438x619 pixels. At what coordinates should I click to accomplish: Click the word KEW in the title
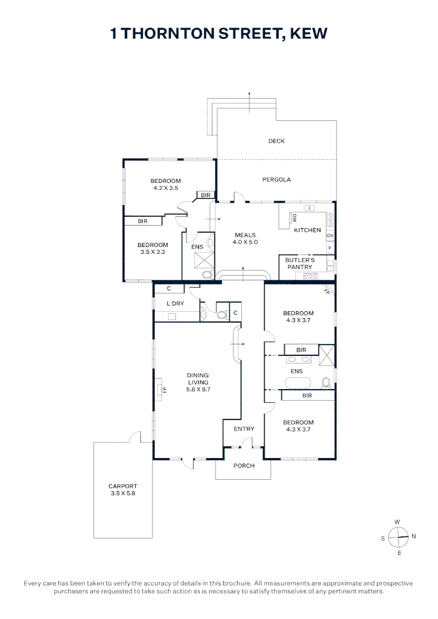pyautogui.click(x=308, y=34)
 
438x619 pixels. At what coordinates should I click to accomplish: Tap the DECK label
pyautogui.click(x=276, y=141)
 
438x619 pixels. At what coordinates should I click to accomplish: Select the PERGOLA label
pyautogui.click(x=276, y=179)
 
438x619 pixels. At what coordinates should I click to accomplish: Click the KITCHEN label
pyautogui.click(x=307, y=230)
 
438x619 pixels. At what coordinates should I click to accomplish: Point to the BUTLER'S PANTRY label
pyautogui.click(x=299, y=264)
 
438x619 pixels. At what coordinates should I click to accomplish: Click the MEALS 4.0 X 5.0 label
pyautogui.click(x=245, y=238)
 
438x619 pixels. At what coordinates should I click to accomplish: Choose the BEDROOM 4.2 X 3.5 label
pyautogui.click(x=166, y=185)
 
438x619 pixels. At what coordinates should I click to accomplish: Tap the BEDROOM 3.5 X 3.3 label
pyautogui.click(x=152, y=248)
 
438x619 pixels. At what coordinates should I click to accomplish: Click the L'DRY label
pyautogui.click(x=175, y=303)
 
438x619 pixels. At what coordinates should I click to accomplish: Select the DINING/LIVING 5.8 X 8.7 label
pyautogui.click(x=198, y=382)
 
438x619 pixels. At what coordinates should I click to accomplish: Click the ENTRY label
pyautogui.click(x=244, y=429)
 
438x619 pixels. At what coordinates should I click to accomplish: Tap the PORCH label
pyautogui.click(x=244, y=465)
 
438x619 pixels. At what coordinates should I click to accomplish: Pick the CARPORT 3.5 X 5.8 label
pyautogui.click(x=123, y=489)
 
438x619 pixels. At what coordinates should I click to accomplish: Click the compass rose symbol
pyautogui.click(x=397, y=537)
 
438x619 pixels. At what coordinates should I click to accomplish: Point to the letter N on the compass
pyautogui.click(x=414, y=536)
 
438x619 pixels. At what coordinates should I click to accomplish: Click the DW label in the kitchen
pyautogui.click(x=294, y=218)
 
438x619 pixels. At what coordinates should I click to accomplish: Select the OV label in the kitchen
pyautogui.click(x=330, y=236)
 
